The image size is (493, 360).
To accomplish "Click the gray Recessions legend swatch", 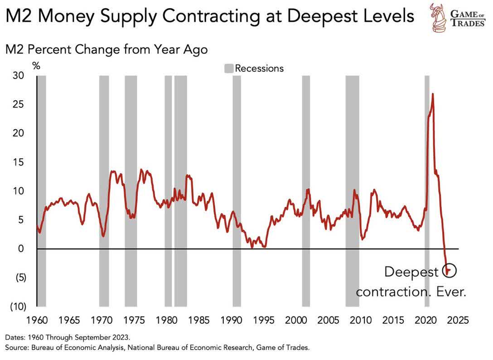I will coord(229,68).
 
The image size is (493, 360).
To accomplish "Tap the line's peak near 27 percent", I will coord(433,94).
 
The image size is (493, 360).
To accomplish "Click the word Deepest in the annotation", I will coord(411,272).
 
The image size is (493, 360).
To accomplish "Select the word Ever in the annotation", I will coord(449,291).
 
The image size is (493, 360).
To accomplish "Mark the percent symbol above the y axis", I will coord(36,66).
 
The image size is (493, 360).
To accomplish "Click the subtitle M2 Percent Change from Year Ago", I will coord(106,49).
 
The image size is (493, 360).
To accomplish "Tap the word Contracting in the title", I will coord(214,16).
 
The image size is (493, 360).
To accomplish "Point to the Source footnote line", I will coord(157,348).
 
